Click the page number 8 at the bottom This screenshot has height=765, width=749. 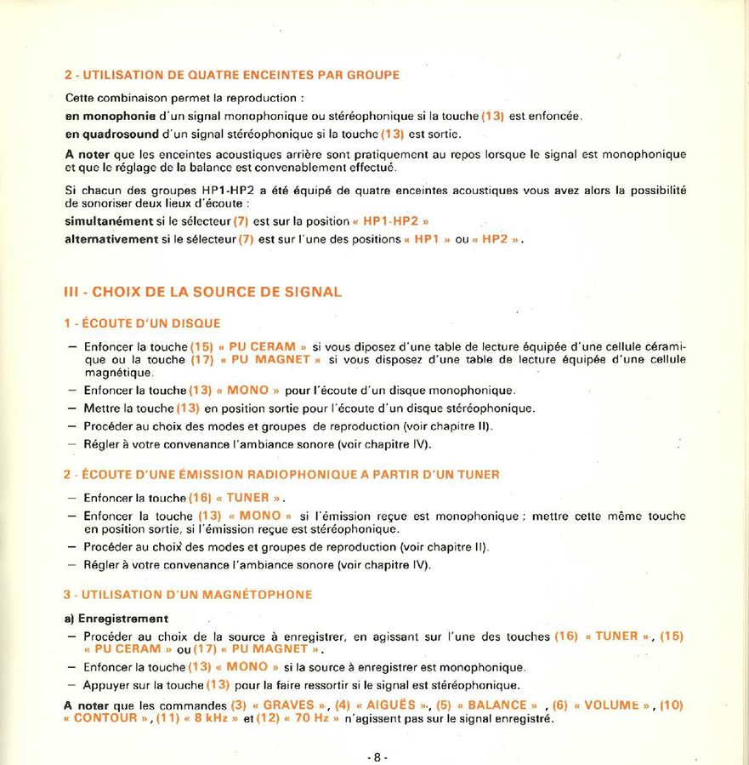(377, 757)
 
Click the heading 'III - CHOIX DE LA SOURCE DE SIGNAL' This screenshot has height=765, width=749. (203, 292)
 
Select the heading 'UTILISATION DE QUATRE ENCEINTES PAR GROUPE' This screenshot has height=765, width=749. (238, 75)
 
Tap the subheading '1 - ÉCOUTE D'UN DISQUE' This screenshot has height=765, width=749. (142, 323)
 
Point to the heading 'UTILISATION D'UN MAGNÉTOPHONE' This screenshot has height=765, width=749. (195, 594)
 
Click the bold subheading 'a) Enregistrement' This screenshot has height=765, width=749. (116, 618)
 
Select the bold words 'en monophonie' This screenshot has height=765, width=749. (110, 115)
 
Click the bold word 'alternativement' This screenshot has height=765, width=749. (111, 239)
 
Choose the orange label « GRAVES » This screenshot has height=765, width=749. (289, 705)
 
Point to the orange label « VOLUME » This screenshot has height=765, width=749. (611, 705)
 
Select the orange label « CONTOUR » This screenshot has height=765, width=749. (107, 718)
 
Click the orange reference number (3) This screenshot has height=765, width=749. (239, 705)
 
